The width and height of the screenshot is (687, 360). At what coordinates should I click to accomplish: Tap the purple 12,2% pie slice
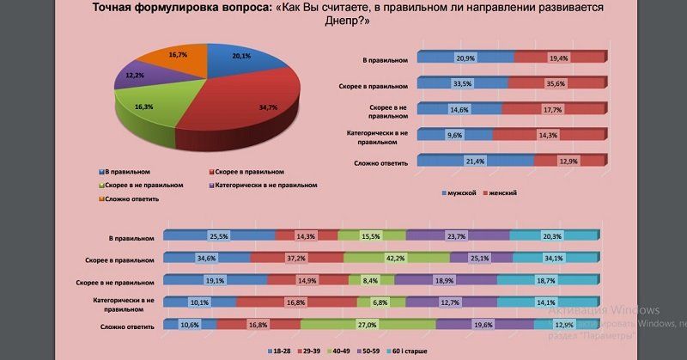(136, 79)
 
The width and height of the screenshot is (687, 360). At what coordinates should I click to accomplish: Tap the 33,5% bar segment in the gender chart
(464, 84)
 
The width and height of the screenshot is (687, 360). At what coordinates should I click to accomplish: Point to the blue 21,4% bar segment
(469, 162)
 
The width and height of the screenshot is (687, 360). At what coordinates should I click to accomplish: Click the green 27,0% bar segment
(367, 326)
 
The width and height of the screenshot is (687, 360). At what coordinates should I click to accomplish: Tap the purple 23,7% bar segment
(457, 236)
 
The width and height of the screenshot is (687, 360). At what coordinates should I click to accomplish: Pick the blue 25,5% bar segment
(219, 236)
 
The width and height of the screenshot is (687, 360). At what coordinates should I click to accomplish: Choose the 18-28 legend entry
(278, 351)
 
